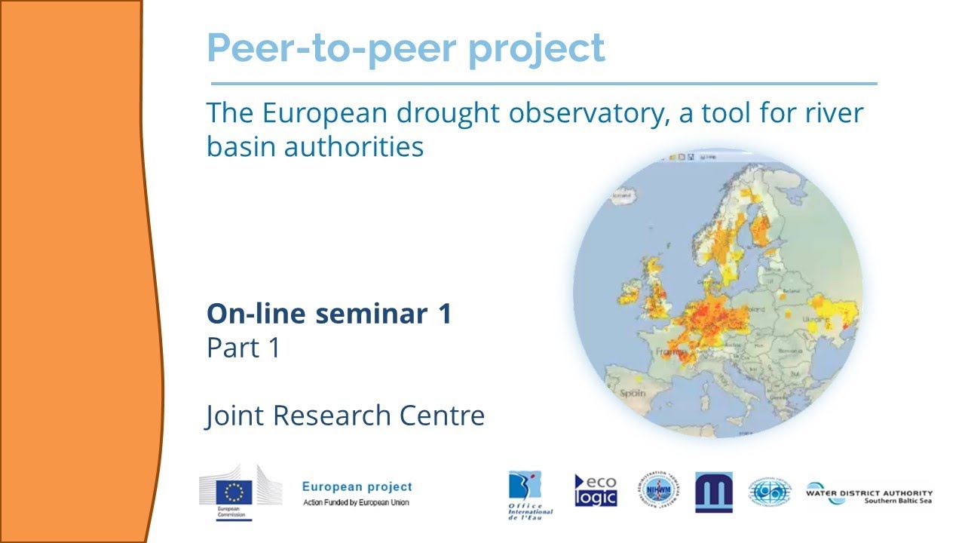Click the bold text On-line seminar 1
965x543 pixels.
tap(329, 314)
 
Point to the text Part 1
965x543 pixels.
tap(243, 348)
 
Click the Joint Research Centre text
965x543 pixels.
tap(345, 416)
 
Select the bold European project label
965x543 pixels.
tap(357, 487)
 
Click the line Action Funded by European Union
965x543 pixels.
tap(356, 503)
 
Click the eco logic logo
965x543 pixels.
tap(596, 490)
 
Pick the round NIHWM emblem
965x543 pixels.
tap(657, 490)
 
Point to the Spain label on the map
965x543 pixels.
tap(633, 393)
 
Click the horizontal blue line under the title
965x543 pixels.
tap(543, 84)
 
